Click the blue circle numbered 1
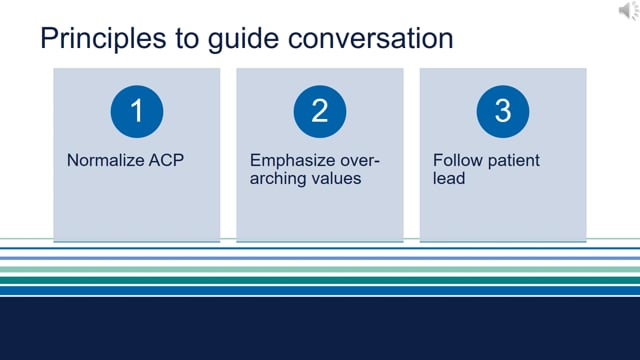[x=136, y=110]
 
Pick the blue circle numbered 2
[x=319, y=110]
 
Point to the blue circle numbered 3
[x=502, y=110]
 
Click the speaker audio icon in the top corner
[x=624, y=12]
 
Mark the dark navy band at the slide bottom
[x=320, y=330]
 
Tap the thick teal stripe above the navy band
[x=320, y=281]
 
